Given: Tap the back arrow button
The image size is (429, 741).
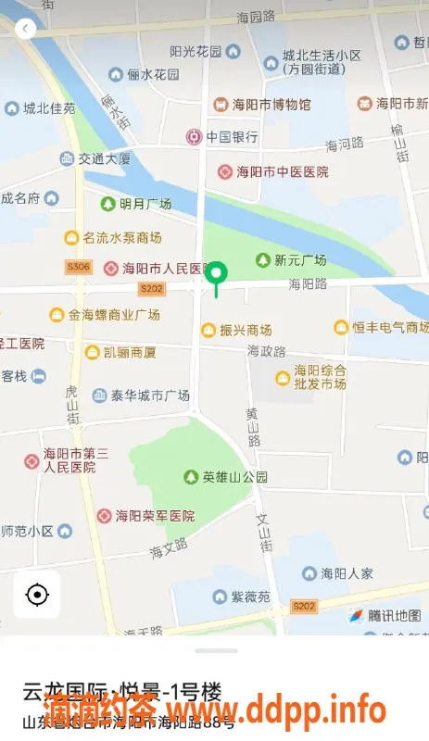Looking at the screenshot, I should [x=26, y=29].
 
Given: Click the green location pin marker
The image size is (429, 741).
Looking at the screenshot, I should [x=217, y=275].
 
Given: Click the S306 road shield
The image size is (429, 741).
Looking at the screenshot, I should [x=78, y=268].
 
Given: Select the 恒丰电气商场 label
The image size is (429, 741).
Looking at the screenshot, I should [x=382, y=327].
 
